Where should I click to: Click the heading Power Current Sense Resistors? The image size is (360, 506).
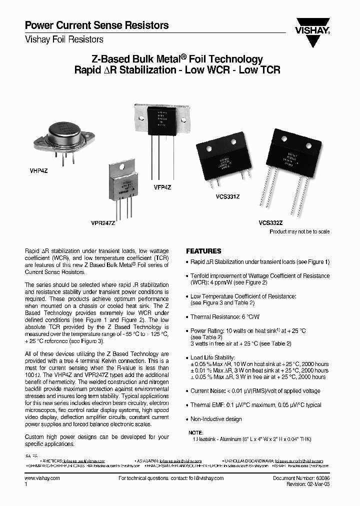[x=96, y=25]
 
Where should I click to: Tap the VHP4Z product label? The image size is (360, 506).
[x=32, y=171]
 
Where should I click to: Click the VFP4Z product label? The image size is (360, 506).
[x=162, y=187]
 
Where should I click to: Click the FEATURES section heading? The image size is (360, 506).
[x=203, y=251]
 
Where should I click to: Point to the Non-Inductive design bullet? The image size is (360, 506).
[x=215, y=419]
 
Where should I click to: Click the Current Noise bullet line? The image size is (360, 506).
[x=255, y=391]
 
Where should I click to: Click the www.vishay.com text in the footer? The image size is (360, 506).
[x=42, y=478]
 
